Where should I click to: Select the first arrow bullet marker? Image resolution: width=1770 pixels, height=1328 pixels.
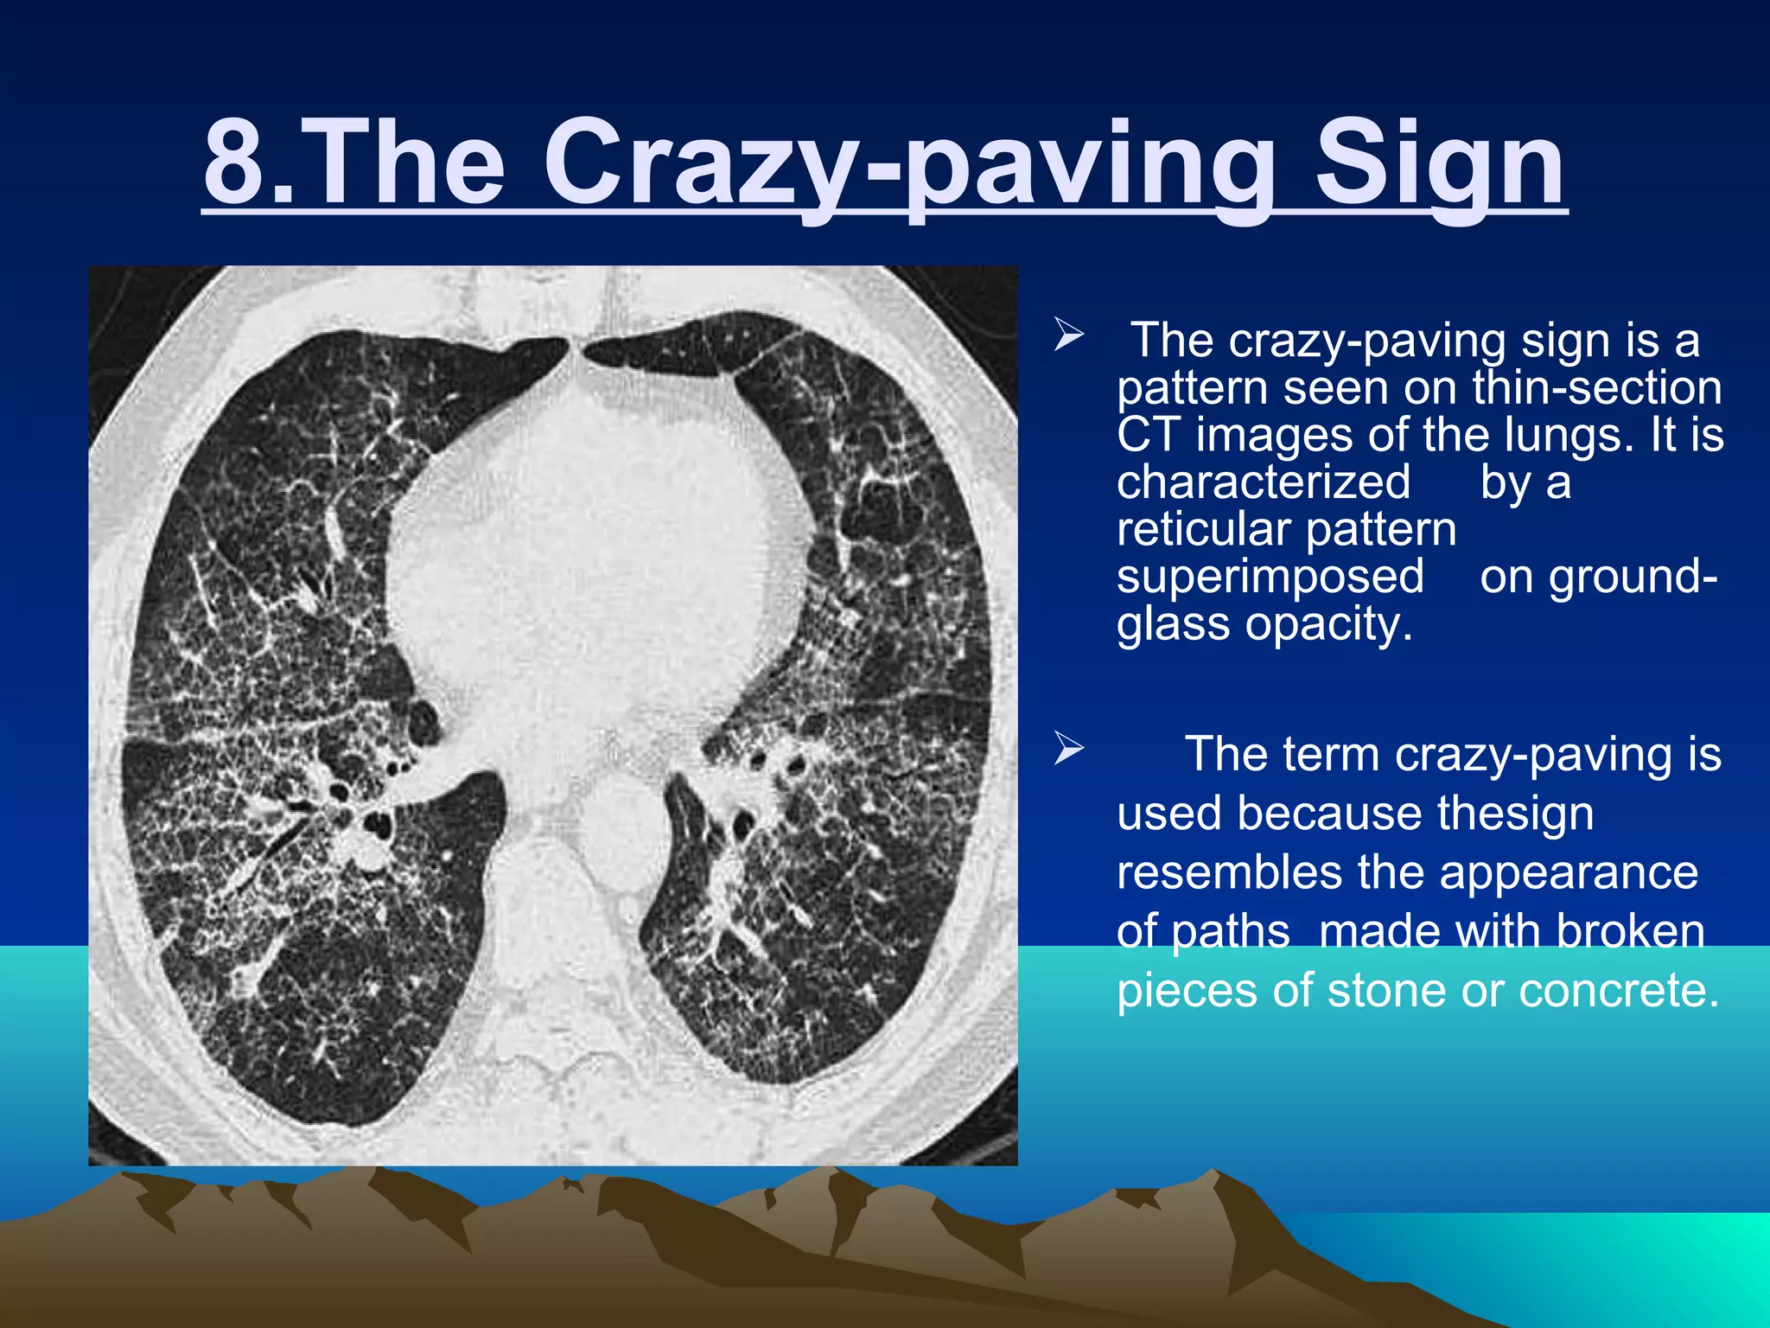point(1068,335)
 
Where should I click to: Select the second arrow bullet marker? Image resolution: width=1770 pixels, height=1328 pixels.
point(1068,749)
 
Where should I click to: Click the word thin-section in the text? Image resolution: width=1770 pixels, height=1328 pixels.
point(1597,387)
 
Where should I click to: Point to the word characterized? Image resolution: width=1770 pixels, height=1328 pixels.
point(1263,482)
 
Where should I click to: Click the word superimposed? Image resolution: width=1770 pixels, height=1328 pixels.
point(1270,577)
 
